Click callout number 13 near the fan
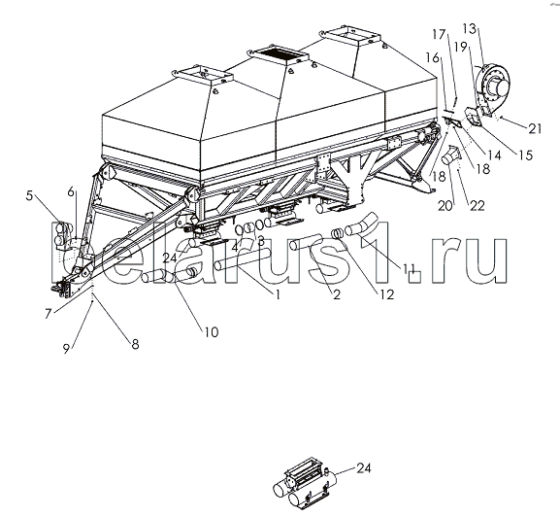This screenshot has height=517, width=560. pyautogui.click(x=470, y=28)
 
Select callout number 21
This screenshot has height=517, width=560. pyautogui.click(x=535, y=128)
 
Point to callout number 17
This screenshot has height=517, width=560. pyautogui.click(x=439, y=34)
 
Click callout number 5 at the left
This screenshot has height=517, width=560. pyautogui.click(x=29, y=195)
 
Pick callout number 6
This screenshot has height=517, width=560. pyautogui.click(x=71, y=192)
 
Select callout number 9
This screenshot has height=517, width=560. pyautogui.click(x=66, y=349)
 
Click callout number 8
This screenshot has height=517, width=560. pyautogui.click(x=135, y=344)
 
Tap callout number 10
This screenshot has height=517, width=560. pyautogui.click(x=211, y=332)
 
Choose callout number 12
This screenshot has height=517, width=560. pyautogui.click(x=387, y=293)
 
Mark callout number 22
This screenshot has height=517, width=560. pyautogui.click(x=478, y=205)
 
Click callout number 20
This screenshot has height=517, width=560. pyautogui.click(x=445, y=206)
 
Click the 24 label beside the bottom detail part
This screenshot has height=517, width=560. pyautogui.click(x=364, y=468)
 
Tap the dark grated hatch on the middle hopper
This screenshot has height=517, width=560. pyautogui.click(x=280, y=55)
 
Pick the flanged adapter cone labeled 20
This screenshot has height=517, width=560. pyautogui.click(x=451, y=155)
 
